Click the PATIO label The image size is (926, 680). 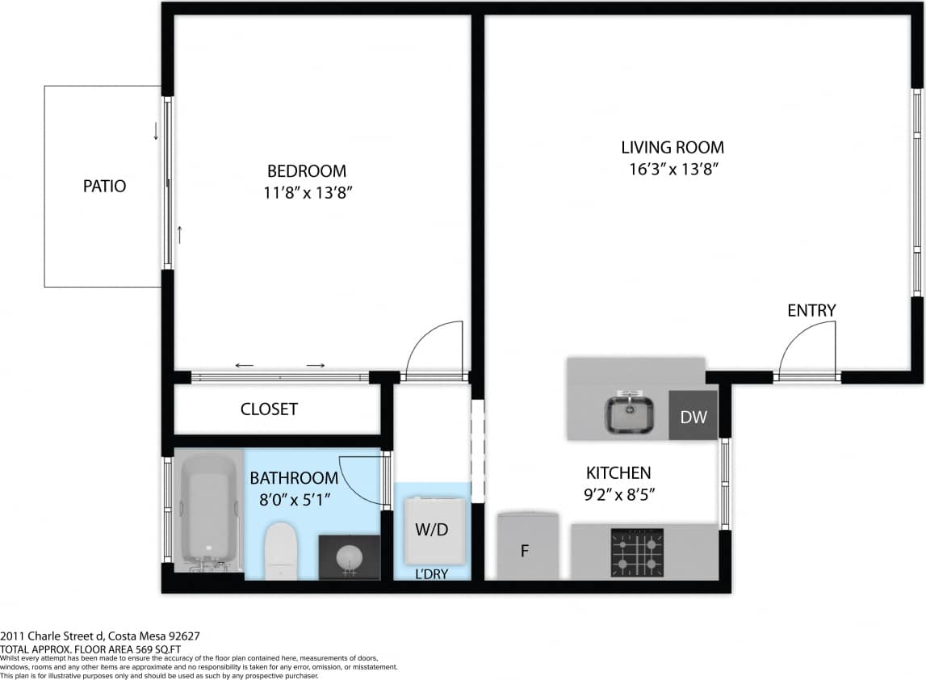tap(104, 186)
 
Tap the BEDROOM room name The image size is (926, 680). tap(306, 171)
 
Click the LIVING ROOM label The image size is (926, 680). tap(672, 148)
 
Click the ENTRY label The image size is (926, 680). tap(811, 311)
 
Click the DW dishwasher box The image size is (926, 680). tap(693, 417)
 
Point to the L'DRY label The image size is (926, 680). tap(431, 574)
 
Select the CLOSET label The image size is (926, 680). tap(269, 409)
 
